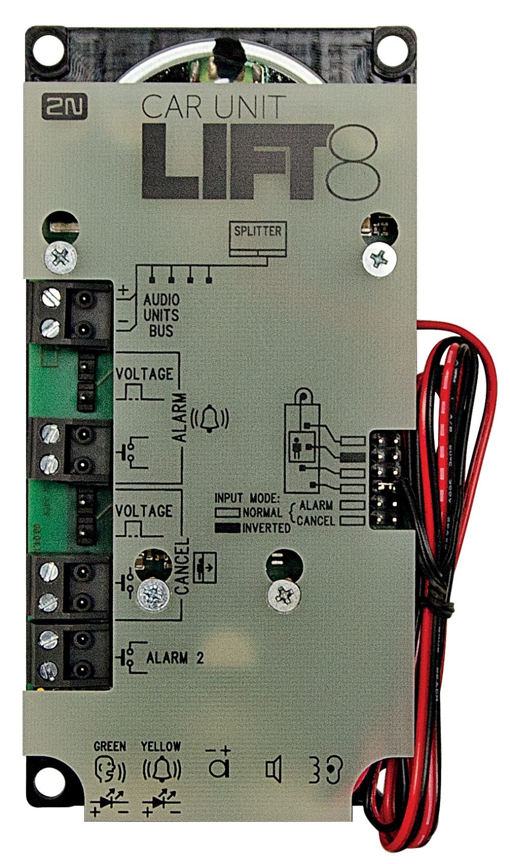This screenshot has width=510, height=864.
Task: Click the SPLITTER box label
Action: [258, 231]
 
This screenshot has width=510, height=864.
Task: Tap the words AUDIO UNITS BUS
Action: [161, 315]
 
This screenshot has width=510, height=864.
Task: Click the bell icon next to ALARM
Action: [210, 418]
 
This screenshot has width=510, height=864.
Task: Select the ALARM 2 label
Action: [175, 658]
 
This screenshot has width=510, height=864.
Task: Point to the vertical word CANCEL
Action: [182, 566]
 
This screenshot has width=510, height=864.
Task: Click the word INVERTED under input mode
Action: [266, 528]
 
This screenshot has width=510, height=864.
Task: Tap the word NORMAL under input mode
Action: [262, 512]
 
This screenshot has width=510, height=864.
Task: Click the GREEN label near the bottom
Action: [110, 746]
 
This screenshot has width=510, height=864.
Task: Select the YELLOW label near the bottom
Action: [161, 746]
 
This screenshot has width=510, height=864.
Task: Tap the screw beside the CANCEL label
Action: [153, 594]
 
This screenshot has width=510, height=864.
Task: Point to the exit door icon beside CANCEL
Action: [205, 567]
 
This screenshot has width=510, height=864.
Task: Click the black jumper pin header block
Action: [386, 480]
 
